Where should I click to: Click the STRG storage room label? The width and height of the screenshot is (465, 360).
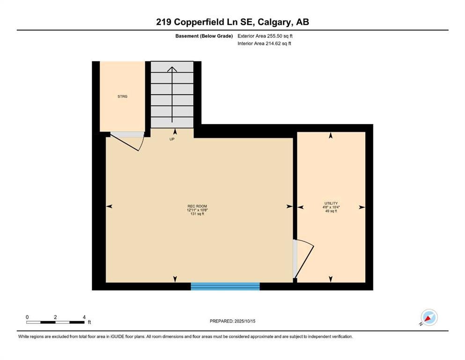123,97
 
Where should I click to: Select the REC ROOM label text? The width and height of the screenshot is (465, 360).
197,206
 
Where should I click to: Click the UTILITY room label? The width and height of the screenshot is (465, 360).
331,203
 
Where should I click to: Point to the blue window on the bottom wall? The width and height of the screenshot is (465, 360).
225,286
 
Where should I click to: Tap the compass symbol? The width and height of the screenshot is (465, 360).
428,317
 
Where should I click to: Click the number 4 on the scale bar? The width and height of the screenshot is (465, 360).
84,317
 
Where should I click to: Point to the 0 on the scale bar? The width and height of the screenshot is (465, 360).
27,317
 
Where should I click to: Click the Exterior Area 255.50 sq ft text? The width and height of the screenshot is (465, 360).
266,36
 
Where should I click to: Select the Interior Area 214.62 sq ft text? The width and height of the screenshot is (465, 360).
265,44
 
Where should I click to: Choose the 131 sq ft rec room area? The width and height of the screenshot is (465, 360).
197,214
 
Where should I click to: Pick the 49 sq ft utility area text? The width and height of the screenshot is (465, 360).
331,211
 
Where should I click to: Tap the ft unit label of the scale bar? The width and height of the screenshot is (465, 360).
89,322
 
